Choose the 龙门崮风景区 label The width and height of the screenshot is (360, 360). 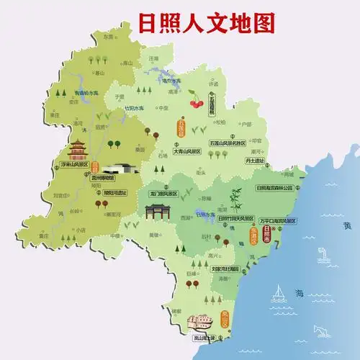(x=163, y=194)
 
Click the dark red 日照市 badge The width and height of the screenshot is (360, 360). (x=268, y=235)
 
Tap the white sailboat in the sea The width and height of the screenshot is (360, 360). (x=278, y=292)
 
